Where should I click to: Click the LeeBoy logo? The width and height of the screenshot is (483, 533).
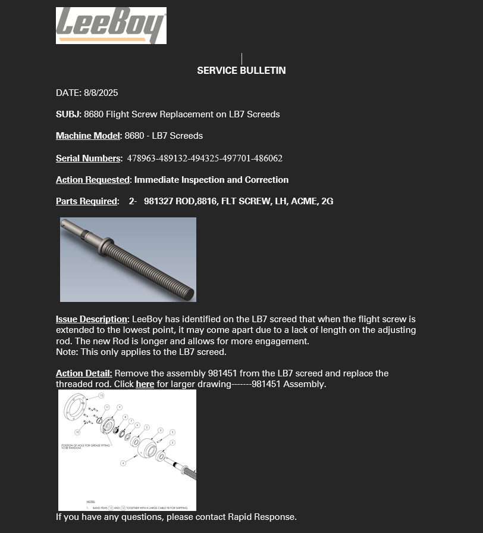[x=111, y=26]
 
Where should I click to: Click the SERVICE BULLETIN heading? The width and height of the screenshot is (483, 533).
[x=241, y=70]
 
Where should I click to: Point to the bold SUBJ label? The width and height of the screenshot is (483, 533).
[x=68, y=114]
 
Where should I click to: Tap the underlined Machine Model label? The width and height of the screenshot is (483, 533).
[x=87, y=136]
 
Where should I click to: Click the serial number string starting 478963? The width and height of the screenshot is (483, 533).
[x=205, y=158]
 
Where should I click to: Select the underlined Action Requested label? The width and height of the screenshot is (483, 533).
[x=92, y=180]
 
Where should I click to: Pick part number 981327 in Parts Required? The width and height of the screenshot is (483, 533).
[x=158, y=201]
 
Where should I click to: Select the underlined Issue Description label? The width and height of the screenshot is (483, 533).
[x=92, y=320]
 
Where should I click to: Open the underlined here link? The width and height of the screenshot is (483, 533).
[x=145, y=384]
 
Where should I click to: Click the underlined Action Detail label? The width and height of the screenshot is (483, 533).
[x=84, y=373]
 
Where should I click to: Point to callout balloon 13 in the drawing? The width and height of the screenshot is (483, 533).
[x=102, y=395]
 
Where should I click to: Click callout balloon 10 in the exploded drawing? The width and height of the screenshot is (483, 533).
[x=77, y=432]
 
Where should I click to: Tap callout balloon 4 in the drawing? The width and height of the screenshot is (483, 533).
[x=123, y=463]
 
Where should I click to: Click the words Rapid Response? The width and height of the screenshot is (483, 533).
[x=262, y=517]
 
